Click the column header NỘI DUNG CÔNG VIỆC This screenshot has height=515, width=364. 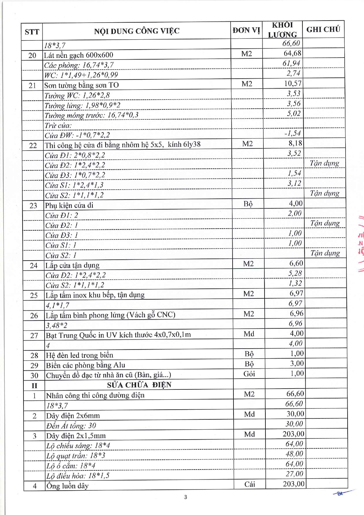pos(137,31)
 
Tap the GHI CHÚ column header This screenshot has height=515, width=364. pos(323,29)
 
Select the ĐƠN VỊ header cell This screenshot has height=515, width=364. pos(246,30)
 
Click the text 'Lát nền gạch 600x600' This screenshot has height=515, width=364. pos(79,55)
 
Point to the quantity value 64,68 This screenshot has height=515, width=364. pos(292,53)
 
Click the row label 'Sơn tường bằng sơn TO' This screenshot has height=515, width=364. pos(82,85)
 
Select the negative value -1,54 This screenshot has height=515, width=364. pos(293,134)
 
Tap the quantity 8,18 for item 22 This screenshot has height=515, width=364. pos(295,143)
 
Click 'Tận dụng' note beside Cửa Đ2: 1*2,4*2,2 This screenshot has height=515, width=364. pos(324,163)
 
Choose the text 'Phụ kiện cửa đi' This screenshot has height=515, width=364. pos(69,205)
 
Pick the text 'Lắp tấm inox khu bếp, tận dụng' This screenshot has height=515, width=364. pos(95,295)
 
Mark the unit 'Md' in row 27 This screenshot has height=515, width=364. pos(249,334)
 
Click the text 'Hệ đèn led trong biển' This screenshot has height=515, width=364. pos(79,355)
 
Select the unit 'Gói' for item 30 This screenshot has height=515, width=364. pos(249,374)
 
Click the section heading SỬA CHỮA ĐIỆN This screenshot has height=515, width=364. pos(139,385)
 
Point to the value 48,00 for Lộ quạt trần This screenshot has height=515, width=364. pos(294,454)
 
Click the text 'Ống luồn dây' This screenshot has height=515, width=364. pos(67,486)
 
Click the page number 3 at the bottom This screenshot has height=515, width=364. pos(185,497)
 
